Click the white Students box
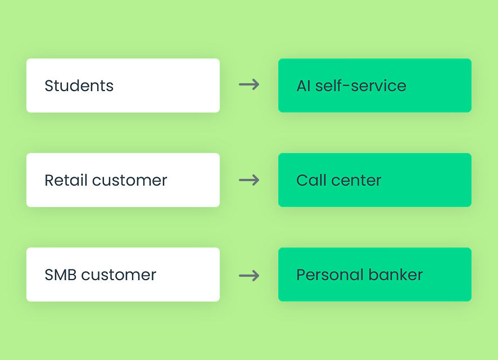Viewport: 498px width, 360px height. pos(123,85)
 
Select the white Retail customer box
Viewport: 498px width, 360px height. pos(123,180)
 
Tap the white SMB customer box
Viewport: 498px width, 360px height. pos(123,274)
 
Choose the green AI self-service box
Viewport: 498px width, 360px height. pos(375,85)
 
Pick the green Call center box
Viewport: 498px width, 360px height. pos(375,180)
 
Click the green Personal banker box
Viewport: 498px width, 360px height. pos(375,274)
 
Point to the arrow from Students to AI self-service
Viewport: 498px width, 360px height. pos(249,84)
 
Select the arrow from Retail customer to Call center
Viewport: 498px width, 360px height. pos(249,180)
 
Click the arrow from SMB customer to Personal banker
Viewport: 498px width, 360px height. pos(249,276)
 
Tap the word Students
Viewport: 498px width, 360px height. pos(79,85)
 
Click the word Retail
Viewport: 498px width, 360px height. pos(66,180)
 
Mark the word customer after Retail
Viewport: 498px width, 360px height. pos(130,181)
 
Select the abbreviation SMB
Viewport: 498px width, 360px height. pos(61,275)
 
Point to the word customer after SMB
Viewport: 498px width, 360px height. pos(119,275)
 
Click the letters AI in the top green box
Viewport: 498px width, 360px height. pos(304,86)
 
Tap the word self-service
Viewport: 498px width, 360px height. pos(361,85)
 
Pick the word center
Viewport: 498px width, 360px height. pos(356,181)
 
